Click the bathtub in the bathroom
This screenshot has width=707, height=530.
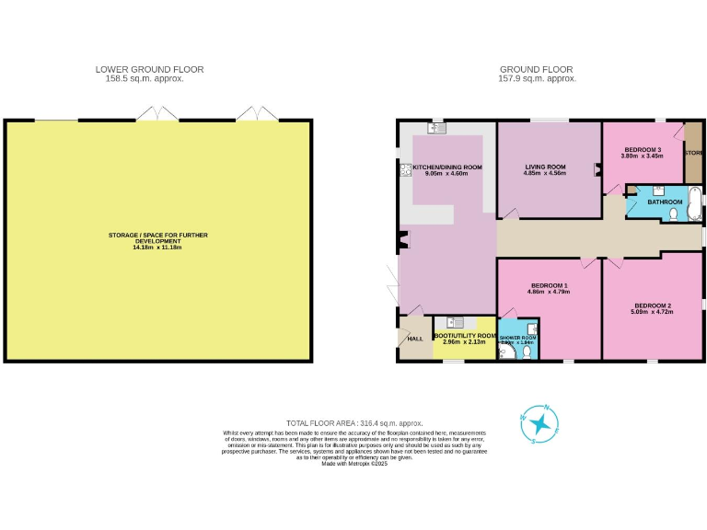[x=695, y=203]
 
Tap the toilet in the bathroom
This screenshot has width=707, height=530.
[x=674, y=214]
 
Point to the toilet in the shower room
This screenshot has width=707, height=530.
[x=526, y=351]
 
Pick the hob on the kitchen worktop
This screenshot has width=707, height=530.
[x=405, y=170]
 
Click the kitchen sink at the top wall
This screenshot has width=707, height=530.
[x=436, y=129]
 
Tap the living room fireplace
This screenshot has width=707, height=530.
[x=598, y=169]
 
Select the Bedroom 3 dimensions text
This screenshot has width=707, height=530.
[x=642, y=156]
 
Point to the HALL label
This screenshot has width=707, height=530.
[x=415, y=339]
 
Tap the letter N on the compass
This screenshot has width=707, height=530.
[x=549, y=407]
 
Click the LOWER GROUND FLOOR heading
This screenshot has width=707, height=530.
[x=149, y=69]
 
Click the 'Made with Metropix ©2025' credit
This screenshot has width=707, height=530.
[x=354, y=464]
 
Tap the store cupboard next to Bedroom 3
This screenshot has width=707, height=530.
[x=693, y=152]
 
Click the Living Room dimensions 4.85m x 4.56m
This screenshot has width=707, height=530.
[x=544, y=173]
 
